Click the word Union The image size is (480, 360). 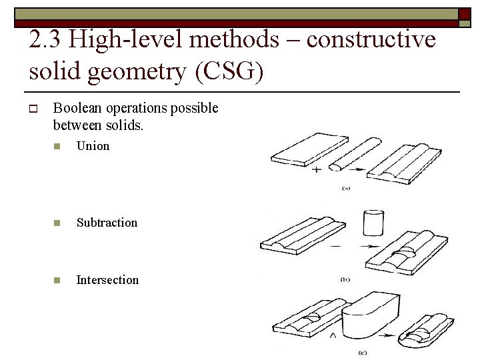tap(93, 146)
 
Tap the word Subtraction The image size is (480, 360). tap(107, 223)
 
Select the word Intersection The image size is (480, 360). tap(107, 280)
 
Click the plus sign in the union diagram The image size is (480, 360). tap(316, 170)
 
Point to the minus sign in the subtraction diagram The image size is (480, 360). tap(335, 246)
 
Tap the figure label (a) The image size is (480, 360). tap(346, 188)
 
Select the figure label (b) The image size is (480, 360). tap(345, 280)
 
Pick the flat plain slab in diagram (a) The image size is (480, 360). tap(309, 150)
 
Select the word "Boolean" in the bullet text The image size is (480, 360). tap(79, 108)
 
